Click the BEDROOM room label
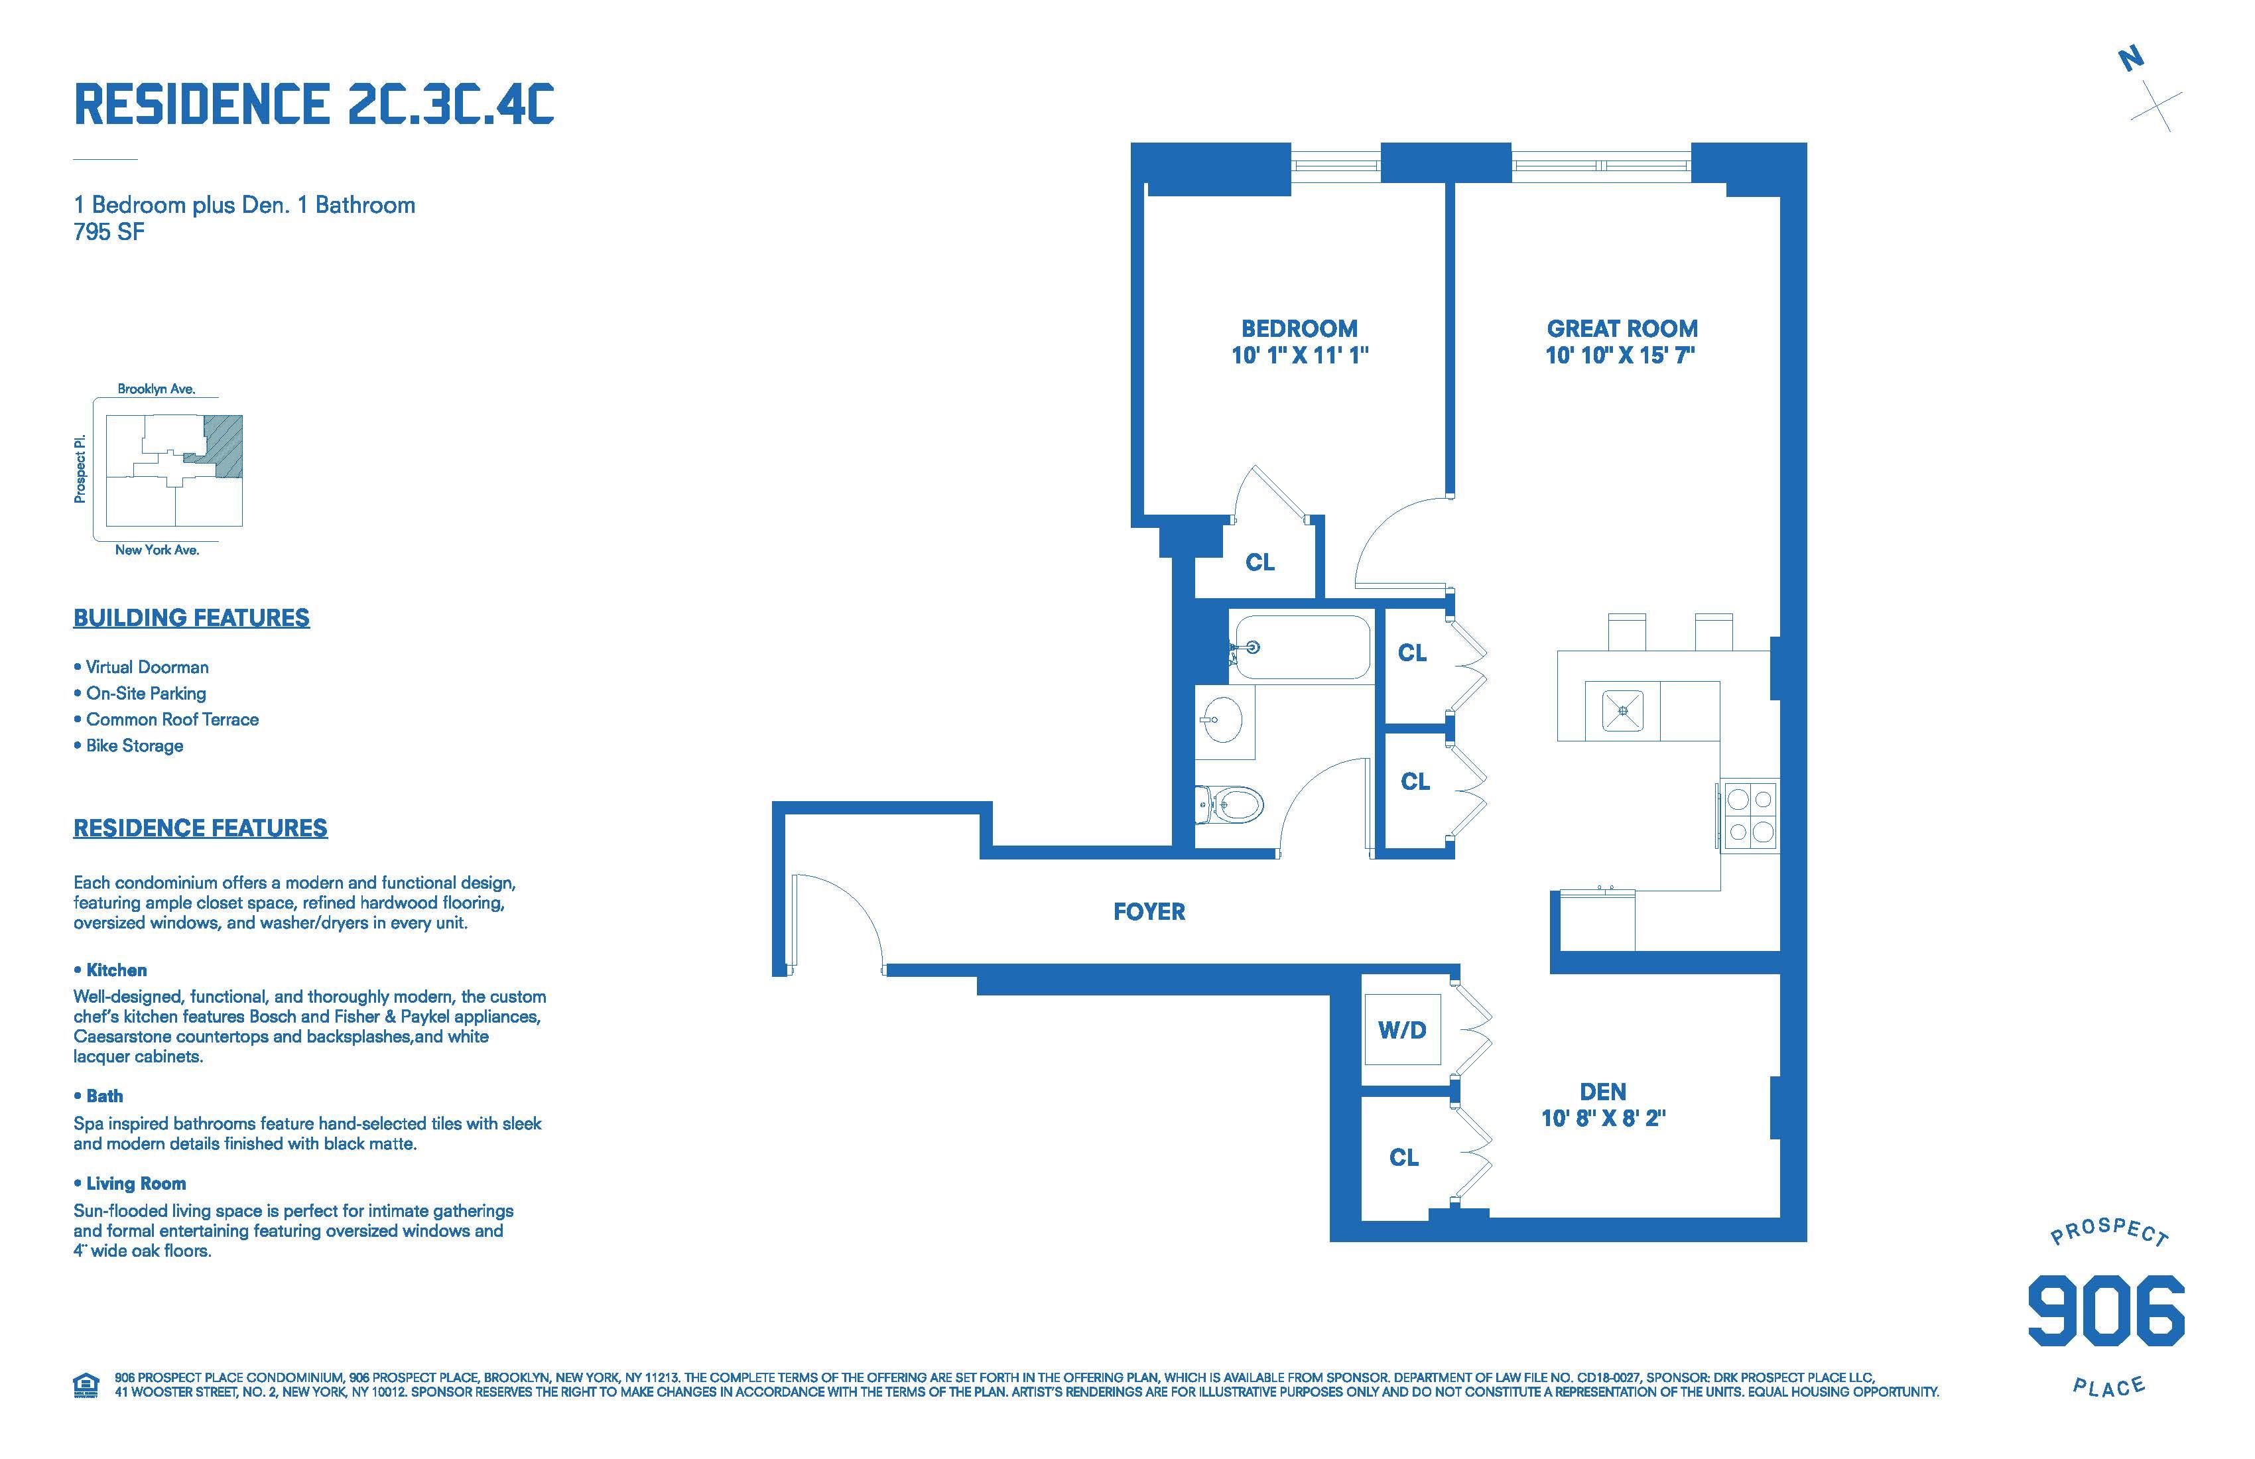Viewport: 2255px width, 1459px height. pos(1299,329)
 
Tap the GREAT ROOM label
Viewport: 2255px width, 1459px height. pos(1622,329)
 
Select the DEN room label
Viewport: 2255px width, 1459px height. pos(1603,1092)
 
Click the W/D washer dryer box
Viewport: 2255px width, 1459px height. pos(1402,1030)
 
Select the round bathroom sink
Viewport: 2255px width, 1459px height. pos(1222,721)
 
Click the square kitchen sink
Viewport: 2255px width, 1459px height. pos(1623,710)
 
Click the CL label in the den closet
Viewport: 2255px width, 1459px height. pos(1404,1158)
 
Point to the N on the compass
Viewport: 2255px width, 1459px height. pos(2131,60)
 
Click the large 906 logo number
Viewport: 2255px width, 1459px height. pos(2105,1310)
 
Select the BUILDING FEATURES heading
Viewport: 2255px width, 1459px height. pos(192,617)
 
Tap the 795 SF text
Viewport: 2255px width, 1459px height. pos(109,232)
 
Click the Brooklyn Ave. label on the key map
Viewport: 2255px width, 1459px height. pos(157,389)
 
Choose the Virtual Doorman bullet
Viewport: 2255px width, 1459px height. pos(141,667)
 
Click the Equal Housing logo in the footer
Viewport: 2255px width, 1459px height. pos(86,1385)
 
